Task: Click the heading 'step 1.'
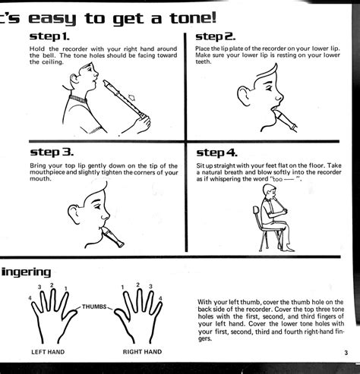(50, 36)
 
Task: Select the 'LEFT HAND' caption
(48, 353)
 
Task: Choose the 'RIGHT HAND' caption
(144, 353)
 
